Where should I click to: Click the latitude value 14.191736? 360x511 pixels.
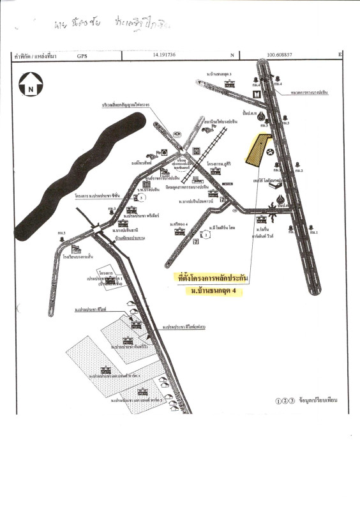pyautogui.click(x=164, y=56)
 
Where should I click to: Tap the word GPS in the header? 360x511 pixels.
pyautogui.click(x=82, y=56)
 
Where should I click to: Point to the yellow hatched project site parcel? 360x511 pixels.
pyautogui.click(x=257, y=151)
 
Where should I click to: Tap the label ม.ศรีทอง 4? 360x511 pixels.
pyautogui.click(x=179, y=224)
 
